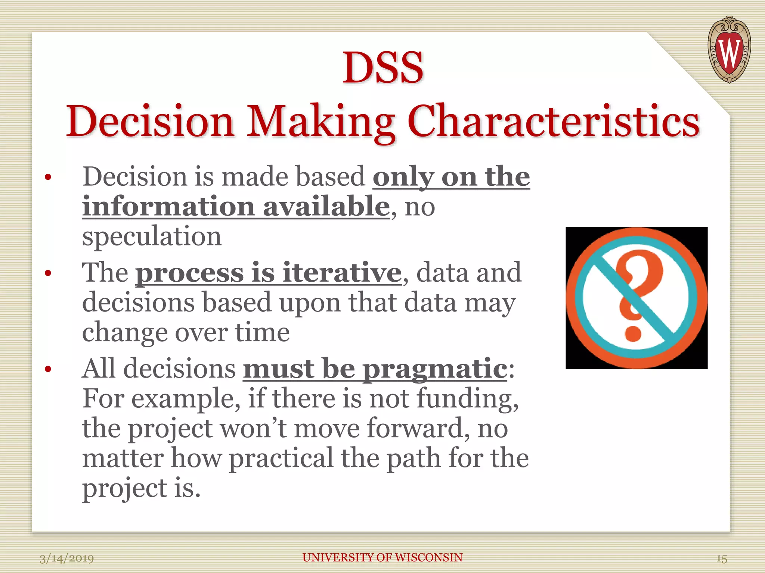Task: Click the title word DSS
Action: point(383,68)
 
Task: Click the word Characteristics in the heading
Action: point(553,122)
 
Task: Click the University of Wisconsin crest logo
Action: point(729,50)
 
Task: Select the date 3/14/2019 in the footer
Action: point(66,558)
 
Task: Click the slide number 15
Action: point(721,559)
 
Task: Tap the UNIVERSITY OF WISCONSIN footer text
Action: point(382,557)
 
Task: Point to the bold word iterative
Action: point(341,273)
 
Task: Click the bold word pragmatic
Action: point(435,369)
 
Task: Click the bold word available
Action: point(326,206)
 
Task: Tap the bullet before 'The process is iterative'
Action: point(47,273)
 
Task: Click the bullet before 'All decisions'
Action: point(47,369)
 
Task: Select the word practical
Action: point(281,458)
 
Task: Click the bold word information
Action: point(168,206)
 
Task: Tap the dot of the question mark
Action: point(633,332)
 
